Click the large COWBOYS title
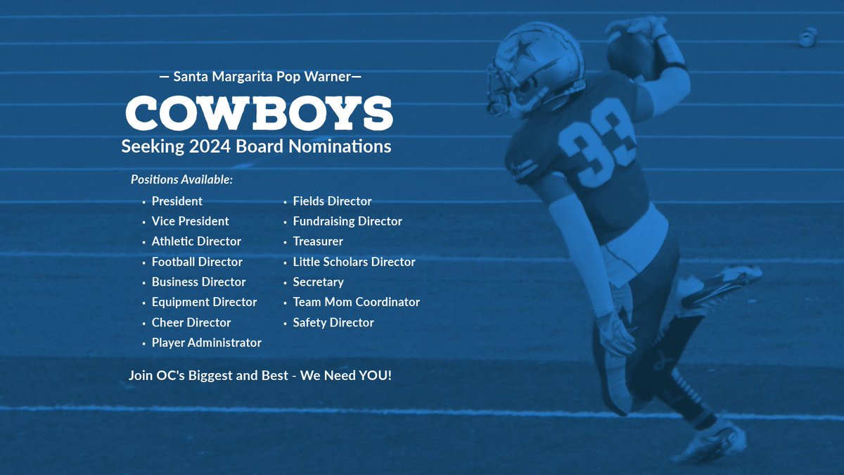point(259,112)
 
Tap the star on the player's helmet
point(522,49)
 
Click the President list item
point(177,201)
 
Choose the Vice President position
point(190,221)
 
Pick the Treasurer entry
point(318,241)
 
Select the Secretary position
point(318,282)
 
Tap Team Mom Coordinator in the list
point(356,302)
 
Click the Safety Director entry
point(333,322)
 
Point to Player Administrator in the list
point(206,343)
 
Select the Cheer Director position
point(191,322)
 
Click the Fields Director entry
point(332,201)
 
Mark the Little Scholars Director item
point(354,262)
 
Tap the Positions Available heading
point(181,179)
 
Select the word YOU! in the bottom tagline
point(375,375)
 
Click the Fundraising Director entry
point(347,221)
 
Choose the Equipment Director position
point(204,302)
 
